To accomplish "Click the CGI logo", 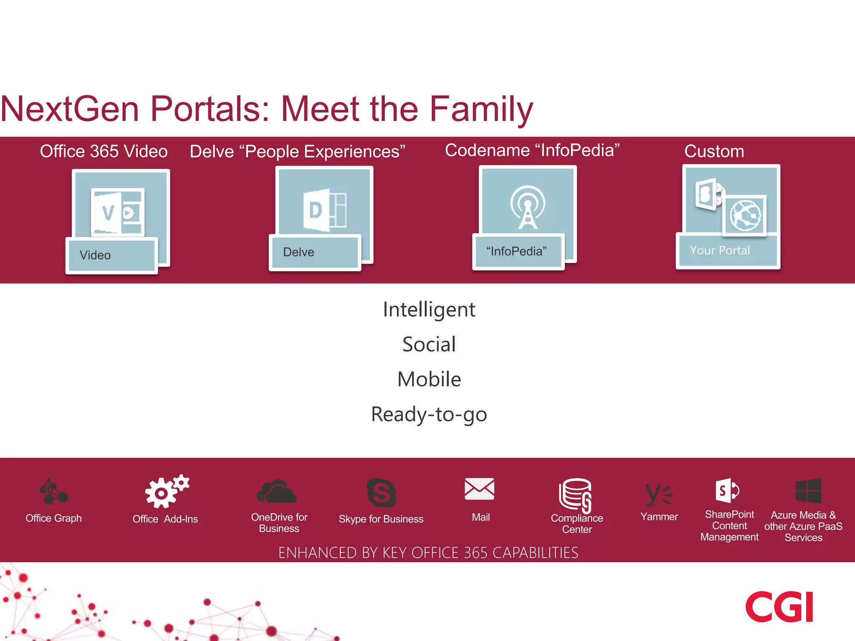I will click(x=779, y=606).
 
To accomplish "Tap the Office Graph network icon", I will click(x=53, y=492).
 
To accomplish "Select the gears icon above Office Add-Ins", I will click(x=166, y=491).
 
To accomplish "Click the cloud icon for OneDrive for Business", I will click(x=276, y=491).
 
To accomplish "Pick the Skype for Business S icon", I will click(x=381, y=492).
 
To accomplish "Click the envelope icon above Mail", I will click(x=479, y=489).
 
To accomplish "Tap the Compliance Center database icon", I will click(x=576, y=495).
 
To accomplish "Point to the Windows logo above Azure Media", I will click(x=808, y=491).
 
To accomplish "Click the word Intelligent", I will click(x=429, y=310).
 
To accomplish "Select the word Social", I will click(x=429, y=344).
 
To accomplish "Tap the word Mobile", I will click(x=429, y=379).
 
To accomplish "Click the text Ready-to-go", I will click(x=429, y=414).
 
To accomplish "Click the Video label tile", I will click(x=111, y=255).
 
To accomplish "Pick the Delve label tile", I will click(x=315, y=252).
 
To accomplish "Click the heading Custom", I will click(x=714, y=151).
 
